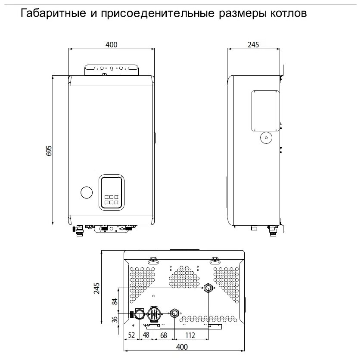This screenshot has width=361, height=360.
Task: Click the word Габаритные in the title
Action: coord(53,13)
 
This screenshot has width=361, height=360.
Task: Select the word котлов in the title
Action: coord(289,13)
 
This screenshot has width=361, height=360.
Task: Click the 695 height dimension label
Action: coord(49,151)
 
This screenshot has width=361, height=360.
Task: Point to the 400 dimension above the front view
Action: coord(112,44)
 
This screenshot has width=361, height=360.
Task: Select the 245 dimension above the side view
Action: coord(253,44)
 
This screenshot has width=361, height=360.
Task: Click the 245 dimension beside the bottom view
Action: coord(96,288)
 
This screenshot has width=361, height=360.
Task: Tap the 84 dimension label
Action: coord(115,301)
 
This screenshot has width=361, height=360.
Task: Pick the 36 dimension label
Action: coord(115,320)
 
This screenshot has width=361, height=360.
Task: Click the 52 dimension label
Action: coord(131,335)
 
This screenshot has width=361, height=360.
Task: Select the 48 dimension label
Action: coord(146,335)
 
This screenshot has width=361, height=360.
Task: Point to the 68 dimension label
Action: coord(163,335)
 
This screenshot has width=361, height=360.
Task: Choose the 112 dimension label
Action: coord(190,335)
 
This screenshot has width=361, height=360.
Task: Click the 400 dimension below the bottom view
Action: coord(182,347)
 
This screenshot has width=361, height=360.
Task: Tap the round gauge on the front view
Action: coord(87,192)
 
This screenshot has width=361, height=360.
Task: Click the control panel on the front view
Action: coord(112,192)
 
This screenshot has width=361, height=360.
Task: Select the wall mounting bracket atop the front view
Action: coord(112,70)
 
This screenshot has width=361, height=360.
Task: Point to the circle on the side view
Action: coord(266,138)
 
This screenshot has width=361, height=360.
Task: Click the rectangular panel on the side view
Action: coord(265,111)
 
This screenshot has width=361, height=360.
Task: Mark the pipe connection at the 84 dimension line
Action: coord(208,288)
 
